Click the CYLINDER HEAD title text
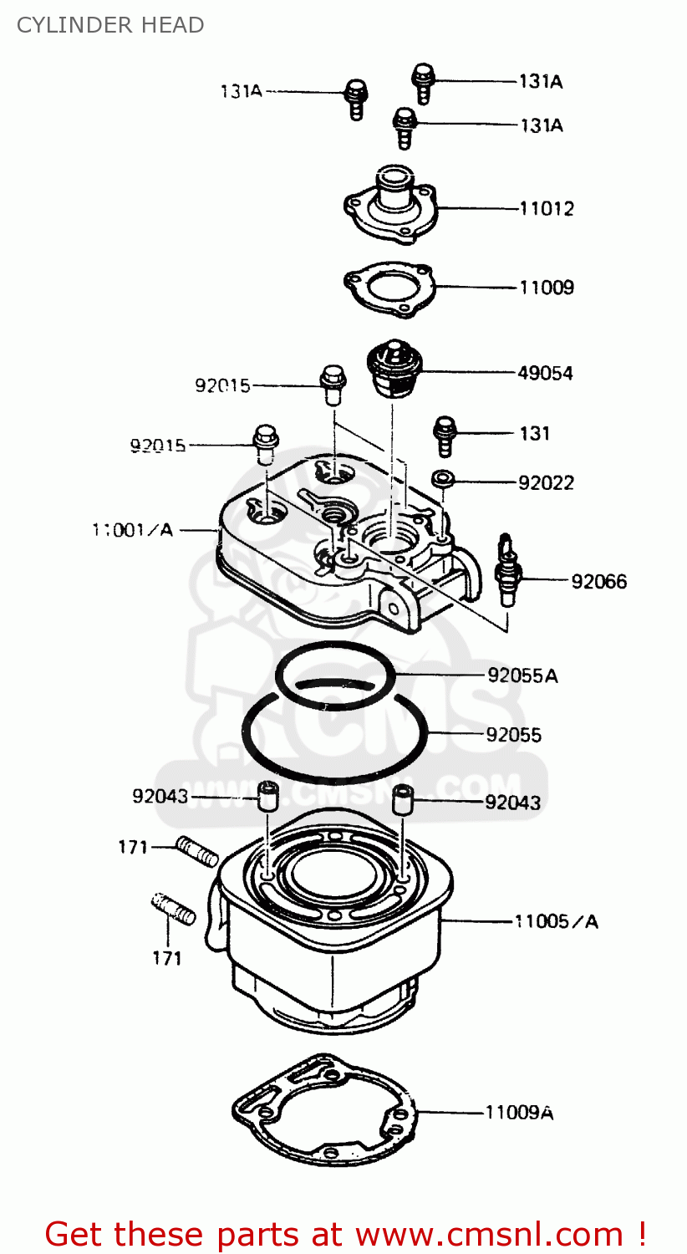(x=109, y=25)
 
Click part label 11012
(x=547, y=209)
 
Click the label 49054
(x=545, y=374)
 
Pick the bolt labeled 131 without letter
(x=443, y=435)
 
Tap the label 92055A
(x=522, y=675)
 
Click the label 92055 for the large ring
(x=513, y=735)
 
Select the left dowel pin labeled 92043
(x=266, y=795)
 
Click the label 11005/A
(x=557, y=921)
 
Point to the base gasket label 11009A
(x=519, y=1113)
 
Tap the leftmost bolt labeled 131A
(x=356, y=99)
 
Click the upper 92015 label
(x=222, y=385)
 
